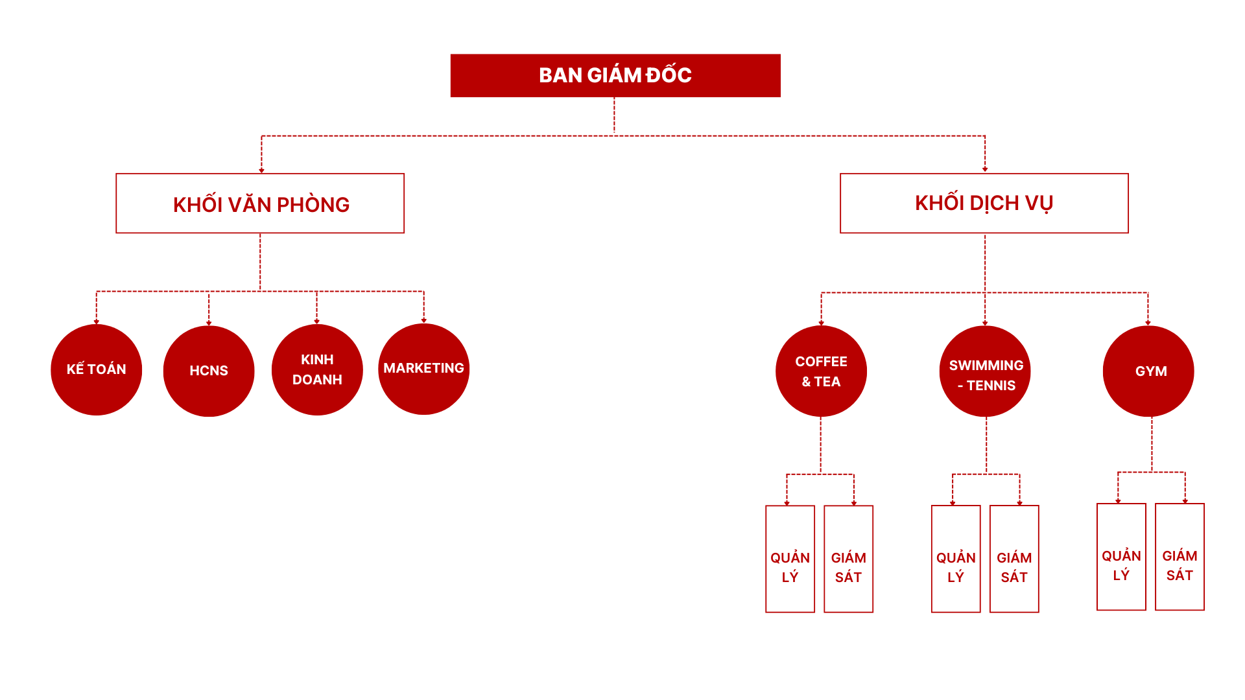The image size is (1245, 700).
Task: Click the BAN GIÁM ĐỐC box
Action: pos(615,75)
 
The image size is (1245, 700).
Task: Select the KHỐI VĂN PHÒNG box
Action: pos(260,204)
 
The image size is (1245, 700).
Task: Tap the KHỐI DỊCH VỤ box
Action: pos(984,204)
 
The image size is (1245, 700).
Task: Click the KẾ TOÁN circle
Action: pos(97,369)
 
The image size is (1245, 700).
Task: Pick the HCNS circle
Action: pos(209,371)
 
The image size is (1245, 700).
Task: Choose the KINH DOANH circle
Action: pos(317,369)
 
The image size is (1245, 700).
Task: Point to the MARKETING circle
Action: pos(424,369)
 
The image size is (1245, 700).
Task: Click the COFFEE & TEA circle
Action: pos(821,371)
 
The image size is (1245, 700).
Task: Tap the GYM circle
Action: pos(1148,371)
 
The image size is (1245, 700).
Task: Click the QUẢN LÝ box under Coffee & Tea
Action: pos(790,559)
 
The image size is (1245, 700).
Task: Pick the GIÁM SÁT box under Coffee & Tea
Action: pos(848,559)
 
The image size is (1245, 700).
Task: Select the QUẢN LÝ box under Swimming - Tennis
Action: pos(956,559)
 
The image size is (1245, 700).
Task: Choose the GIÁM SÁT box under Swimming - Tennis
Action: pos(1014,559)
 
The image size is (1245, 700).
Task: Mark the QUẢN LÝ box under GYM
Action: pos(1121,557)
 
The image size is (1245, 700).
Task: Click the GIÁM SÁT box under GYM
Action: pos(1180,557)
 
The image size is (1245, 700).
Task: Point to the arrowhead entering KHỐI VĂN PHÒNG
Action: pos(261,170)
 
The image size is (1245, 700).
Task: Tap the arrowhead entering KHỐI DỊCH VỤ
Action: pos(985,169)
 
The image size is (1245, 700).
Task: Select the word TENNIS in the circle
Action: pos(991,386)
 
